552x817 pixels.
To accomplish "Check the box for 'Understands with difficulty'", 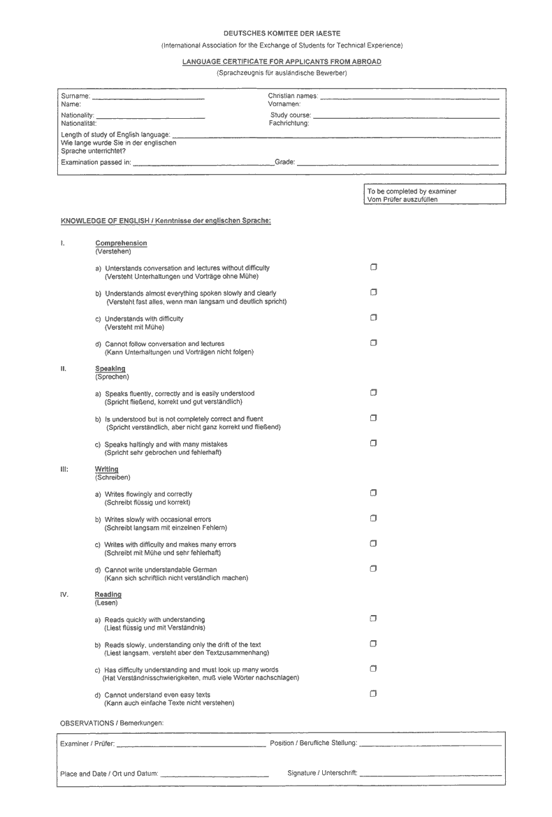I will tap(374, 317).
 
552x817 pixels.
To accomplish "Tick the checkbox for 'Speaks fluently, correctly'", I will tap(374, 393).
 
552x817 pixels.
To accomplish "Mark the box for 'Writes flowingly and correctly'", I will tap(374, 493).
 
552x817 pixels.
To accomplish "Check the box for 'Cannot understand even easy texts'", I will tap(374, 693).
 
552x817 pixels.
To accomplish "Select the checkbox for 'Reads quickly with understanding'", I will tap(374, 619).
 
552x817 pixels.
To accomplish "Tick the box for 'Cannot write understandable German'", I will tap(374, 568).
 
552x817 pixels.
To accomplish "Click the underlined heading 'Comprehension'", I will tap(121, 243).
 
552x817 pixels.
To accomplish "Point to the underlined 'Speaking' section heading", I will tap(110, 368).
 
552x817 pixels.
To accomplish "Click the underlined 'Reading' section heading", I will tap(108, 595).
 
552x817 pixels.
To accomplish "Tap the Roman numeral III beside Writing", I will tap(64, 469).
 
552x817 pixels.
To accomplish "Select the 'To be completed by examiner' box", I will tap(433, 195).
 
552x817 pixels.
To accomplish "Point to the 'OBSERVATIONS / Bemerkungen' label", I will tap(112, 722).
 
